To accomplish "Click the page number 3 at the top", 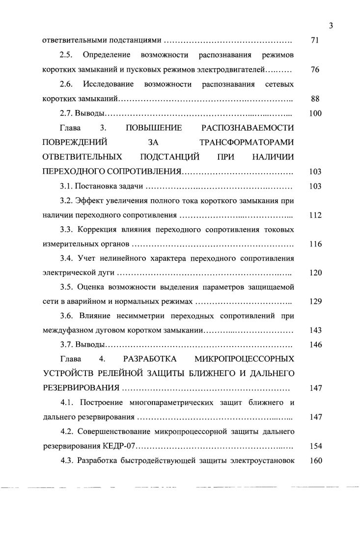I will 332,26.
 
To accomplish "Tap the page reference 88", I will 315,99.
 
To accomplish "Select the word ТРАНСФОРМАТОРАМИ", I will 248,143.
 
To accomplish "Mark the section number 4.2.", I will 67,432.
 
